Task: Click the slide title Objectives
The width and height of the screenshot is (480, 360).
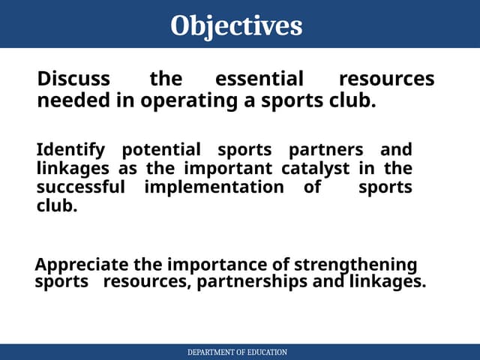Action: point(236,25)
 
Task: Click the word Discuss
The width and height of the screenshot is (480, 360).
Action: point(73,79)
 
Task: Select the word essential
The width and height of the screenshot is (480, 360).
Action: point(259,79)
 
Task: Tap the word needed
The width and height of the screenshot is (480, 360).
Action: point(66,100)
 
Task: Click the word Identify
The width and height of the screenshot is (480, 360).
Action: point(70,150)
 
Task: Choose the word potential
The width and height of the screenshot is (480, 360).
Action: point(161,150)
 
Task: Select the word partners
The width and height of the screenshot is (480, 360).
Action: point(326,150)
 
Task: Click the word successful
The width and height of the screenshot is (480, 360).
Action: point(80,187)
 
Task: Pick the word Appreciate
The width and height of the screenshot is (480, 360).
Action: point(82,265)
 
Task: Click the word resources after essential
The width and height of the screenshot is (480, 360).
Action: point(386,79)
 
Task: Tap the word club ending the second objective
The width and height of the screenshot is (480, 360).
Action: point(56,205)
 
